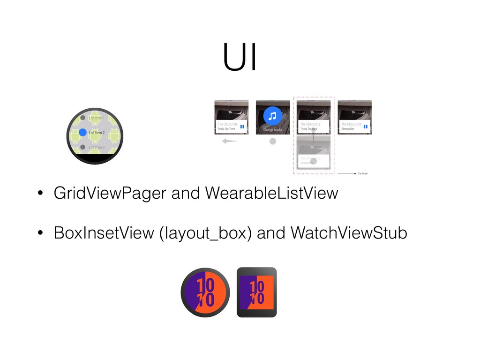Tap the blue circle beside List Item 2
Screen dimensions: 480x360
tap(82, 133)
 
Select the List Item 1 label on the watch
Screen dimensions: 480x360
tap(96, 118)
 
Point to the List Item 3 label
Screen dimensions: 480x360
tap(97, 148)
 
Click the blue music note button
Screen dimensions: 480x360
tap(272, 116)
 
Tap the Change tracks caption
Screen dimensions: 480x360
tap(272, 129)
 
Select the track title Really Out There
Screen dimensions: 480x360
tap(226, 128)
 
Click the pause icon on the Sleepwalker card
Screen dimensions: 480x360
tap(366, 126)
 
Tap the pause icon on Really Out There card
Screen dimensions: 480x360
tap(242, 126)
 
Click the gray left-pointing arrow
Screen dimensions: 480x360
tap(229, 141)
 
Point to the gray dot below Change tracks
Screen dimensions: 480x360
tap(272, 141)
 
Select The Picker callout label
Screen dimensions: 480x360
tap(363, 173)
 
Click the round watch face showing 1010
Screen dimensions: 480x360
tap(205, 292)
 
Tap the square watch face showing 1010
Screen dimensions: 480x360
tap(256, 292)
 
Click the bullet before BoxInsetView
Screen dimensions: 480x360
tap(41, 233)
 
